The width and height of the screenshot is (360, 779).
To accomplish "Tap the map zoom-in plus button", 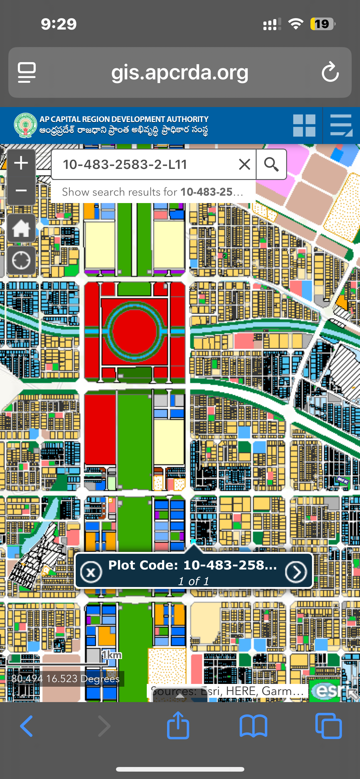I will (21, 163).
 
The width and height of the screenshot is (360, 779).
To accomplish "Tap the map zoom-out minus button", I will (21, 191).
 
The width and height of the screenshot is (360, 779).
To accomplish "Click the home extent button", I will (21, 228).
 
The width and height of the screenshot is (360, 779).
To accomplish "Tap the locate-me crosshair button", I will (21, 260).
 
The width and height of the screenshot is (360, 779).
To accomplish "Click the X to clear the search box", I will (245, 164).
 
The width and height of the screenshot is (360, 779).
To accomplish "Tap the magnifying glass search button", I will (271, 164).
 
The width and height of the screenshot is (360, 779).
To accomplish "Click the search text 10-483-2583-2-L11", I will (125, 164).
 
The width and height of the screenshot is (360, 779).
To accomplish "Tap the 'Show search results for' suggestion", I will (153, 192).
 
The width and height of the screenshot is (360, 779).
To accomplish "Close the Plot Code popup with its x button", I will (91, 572).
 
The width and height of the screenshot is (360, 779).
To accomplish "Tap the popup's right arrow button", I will (296, 572).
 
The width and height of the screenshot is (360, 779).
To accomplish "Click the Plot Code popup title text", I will (192, 565).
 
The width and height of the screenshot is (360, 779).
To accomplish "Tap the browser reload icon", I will (330, 72).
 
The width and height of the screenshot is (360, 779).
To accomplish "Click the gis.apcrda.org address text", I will (180, 73).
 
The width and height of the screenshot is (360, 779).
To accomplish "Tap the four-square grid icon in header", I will (304, 126).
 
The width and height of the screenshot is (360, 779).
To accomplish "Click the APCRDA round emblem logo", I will (25, 125).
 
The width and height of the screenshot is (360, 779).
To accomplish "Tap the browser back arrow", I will (26, 726).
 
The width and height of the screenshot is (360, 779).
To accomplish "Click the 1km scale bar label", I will (112, 655).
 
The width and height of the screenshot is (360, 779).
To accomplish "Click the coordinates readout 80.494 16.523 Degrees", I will (66, 678).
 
